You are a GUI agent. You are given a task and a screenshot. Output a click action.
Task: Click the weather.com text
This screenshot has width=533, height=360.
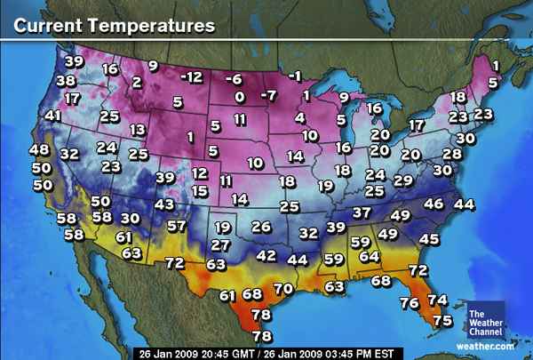click(485, 345)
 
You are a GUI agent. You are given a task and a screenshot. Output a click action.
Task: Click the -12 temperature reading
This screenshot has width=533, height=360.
click(191, 77)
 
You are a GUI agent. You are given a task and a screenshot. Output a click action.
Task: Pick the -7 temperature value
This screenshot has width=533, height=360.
click(268, 95)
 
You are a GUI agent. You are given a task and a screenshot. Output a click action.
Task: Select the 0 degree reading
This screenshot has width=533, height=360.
click(239, 97)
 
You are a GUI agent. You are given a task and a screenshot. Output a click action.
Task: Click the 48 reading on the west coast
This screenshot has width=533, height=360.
click(40, 150)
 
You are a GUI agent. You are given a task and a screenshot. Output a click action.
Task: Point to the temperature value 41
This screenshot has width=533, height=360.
click(54, 116)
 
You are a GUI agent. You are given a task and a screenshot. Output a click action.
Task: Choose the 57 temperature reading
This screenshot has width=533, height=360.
click(176, 226)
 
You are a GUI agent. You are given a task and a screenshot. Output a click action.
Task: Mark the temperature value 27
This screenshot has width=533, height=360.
click(221, 244)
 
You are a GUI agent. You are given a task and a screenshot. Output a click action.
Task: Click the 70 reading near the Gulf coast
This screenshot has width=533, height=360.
click(282, 289)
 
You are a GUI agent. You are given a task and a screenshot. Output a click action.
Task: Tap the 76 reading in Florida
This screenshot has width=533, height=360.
click(410, 303)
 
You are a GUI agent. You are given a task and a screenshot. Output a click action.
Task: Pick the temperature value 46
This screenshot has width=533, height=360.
click(434, 204)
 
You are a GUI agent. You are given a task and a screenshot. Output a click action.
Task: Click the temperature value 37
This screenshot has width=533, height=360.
click(362, 213)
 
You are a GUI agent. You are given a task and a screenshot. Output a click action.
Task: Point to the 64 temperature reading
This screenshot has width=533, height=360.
click(369, 256)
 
